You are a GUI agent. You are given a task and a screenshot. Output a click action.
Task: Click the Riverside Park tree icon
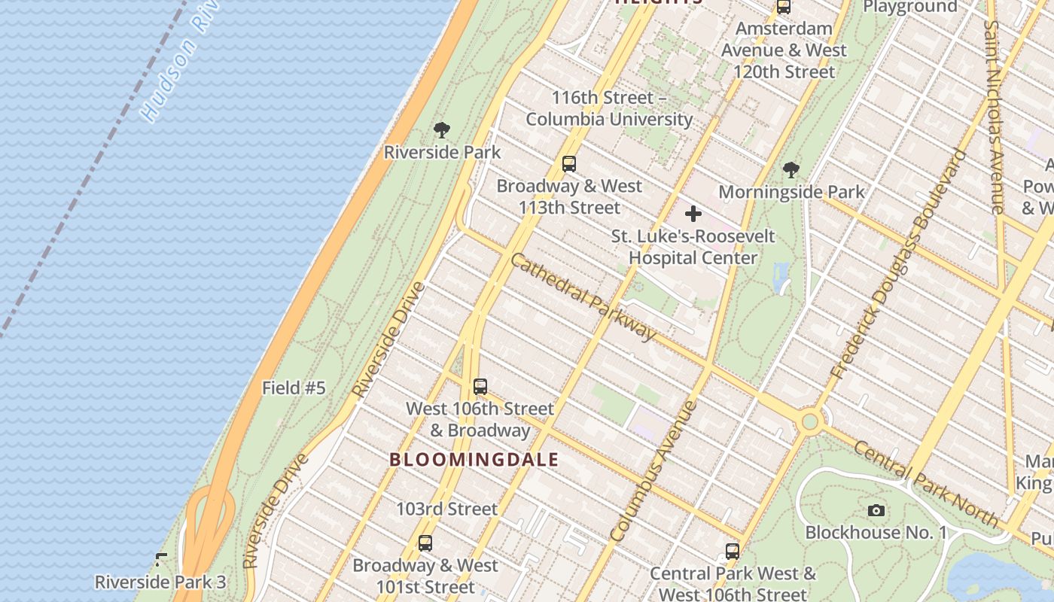[x=442, y=129]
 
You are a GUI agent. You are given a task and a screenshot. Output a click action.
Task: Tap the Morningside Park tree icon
[x=790, y=170]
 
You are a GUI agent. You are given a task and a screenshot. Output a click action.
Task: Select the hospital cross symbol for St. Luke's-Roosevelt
[x=693, y=214]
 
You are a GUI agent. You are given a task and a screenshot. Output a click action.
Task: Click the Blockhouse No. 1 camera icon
[x=876, y=511]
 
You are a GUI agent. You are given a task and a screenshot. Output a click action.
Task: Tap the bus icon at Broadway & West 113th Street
[x=569, y=164]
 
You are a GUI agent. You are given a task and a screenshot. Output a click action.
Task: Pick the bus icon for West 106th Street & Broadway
[x=480, y=387]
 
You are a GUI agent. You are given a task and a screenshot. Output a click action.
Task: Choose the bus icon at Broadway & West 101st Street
[x=425, y=543]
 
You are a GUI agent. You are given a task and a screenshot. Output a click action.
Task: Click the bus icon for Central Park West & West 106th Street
[x=733, y=552]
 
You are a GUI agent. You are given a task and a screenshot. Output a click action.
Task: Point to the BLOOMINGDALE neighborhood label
[x=474, y=460]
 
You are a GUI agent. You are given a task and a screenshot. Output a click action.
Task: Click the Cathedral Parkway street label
[x=583, y=296]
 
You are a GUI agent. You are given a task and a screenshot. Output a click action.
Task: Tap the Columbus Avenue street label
[x=653, y=472]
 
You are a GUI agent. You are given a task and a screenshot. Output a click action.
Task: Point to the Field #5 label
[x=294, y=388]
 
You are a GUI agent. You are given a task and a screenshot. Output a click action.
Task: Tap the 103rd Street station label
[x=447, y=509]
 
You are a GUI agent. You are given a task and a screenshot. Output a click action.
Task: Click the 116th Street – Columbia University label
[x=609, y=108]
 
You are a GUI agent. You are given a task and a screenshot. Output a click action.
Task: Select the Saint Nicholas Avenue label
[x=994, y=117]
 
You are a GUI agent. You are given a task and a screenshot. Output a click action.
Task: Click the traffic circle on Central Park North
[x=809, y=421]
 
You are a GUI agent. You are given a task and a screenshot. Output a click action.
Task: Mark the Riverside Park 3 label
[x=160, y=582]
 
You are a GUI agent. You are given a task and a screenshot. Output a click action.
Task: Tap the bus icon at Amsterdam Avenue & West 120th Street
[x=784, y=8]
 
